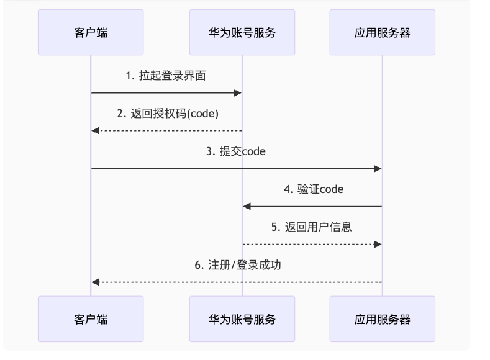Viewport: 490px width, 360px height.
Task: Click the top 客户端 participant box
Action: click(91, 32)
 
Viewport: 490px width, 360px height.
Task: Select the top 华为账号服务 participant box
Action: click(242, 32)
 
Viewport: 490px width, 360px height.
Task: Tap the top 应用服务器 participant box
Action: click(382, 32)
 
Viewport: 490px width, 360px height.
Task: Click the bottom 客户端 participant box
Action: click(91, 319)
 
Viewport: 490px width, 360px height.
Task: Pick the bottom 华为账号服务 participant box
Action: click(242, 319)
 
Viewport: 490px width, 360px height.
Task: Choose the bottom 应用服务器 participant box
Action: click(382, 319)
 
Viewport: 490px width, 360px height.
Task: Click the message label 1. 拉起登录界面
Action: click(166, 76)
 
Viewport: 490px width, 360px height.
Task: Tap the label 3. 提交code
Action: click(236, 151)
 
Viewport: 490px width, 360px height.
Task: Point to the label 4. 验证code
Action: click(313, 189)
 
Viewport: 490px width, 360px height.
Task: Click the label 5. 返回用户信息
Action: click(312, 227)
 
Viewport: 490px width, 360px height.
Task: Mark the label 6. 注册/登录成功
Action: click(237, 264)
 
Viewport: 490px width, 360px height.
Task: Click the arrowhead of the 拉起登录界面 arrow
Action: click(238, 93)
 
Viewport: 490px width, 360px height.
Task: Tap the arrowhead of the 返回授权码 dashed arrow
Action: click(95, 130)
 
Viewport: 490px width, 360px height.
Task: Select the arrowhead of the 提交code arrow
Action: click(378, 168)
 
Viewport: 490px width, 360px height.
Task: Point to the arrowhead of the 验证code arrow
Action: click(247, 206)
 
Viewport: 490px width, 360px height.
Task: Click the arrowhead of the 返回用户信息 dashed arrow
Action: click(378, 244)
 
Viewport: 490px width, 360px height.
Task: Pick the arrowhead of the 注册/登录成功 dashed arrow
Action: click(95, 282)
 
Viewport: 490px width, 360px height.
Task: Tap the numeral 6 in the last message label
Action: click(197, 264)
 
